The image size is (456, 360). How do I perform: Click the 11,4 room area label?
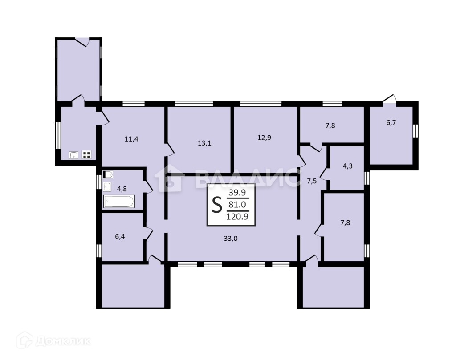(131, 139)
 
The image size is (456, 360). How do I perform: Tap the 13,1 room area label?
(204, 143)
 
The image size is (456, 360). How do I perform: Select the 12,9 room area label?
(265, 138)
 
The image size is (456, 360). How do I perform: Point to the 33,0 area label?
(231, 239)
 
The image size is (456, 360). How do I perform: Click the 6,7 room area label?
(391, 123)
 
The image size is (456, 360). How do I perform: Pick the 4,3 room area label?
(348, 166)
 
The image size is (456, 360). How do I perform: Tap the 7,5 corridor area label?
(312, 181)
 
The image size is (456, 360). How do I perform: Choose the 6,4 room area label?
(120, 236)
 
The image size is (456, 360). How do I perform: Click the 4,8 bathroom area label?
(122, 189)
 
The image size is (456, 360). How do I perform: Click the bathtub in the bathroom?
(119, 201)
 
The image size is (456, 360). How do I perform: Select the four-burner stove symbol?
(87, 154)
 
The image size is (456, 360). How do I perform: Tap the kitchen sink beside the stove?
(74, 155)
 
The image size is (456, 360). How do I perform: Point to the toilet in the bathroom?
(108, 174)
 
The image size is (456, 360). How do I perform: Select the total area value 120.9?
(237, 216)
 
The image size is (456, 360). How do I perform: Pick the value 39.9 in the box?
(237, 192)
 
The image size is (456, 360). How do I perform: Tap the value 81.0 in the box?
(237, 204)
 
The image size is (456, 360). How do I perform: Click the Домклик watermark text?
(62, 341)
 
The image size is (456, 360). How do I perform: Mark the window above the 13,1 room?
(194, 104)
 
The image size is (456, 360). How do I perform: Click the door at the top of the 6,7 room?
(389, 99)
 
